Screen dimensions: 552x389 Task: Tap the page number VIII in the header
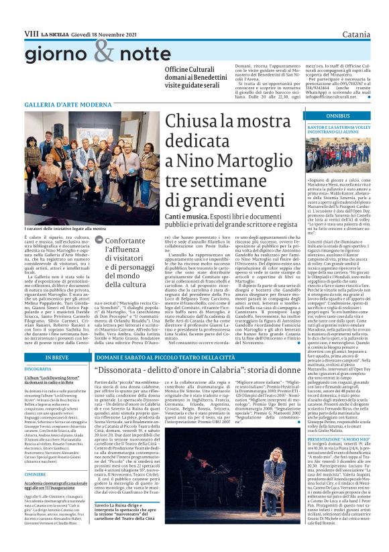(31, 13)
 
